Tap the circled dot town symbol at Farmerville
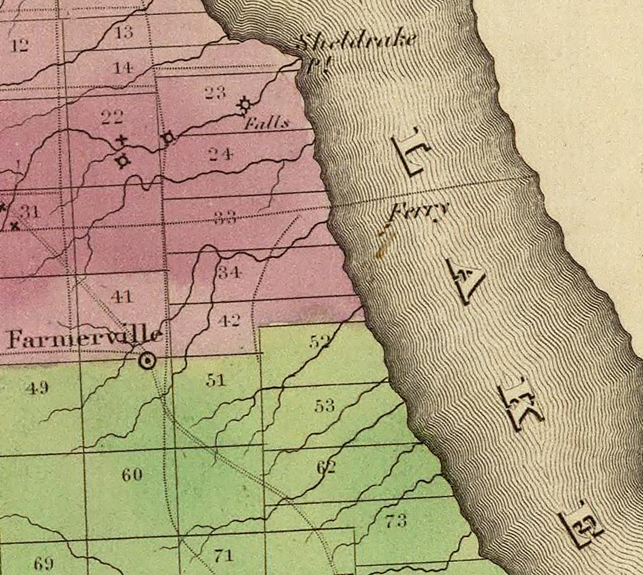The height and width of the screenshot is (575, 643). click(x=147, y=361)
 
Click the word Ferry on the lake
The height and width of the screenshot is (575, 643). click(x=419, y=212)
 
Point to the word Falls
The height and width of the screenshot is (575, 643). click(x=266, y=124)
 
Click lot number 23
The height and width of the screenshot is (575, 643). click(x=215, y=93)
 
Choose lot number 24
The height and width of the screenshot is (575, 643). click(x=220, y=154)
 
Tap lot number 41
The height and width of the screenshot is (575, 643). click(x=122, y=296)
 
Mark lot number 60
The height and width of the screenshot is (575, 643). click(x=132, y=474)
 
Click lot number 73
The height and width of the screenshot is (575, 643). click(x=396, y=521)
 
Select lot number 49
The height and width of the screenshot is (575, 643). click(x=37, y=388)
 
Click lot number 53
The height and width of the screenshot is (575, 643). click(x=324, y=406)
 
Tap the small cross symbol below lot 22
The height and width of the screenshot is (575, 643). click(x=122, y=140)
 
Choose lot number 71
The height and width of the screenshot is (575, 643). click(x=223, y=555)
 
